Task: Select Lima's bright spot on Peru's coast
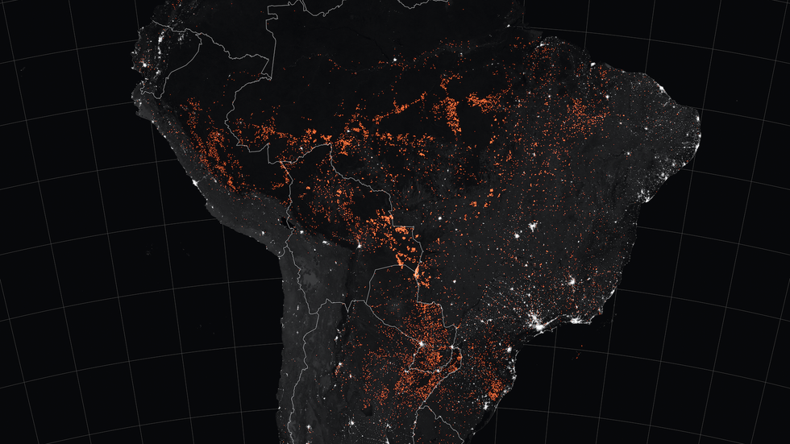coord(196,185)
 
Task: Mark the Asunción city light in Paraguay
coord(419,345)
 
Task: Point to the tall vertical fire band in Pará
coord(453,113)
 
